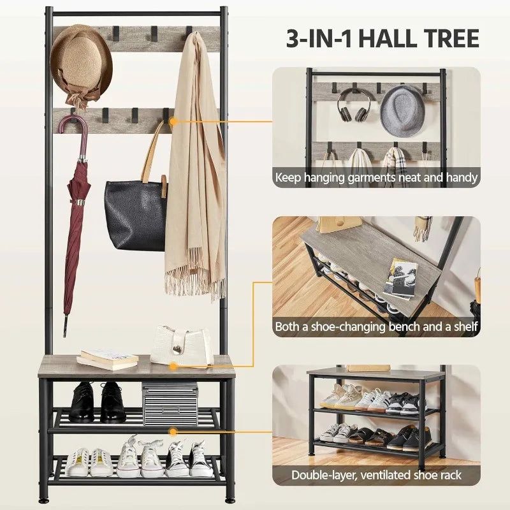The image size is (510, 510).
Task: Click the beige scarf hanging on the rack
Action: tap(194, 172)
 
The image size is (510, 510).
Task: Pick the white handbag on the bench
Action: tap(182, 346)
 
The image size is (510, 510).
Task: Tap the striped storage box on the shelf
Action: tap(170, 404)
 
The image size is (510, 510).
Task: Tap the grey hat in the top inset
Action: tap(403, 110)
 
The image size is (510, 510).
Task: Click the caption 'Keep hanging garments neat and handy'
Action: tap(377, 177)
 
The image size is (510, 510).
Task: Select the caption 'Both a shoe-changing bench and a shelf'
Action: tap(377, 327)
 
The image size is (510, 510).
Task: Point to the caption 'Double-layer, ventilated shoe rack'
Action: tap(377, 475)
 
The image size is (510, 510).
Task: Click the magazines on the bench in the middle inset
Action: tap(401, 279)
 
